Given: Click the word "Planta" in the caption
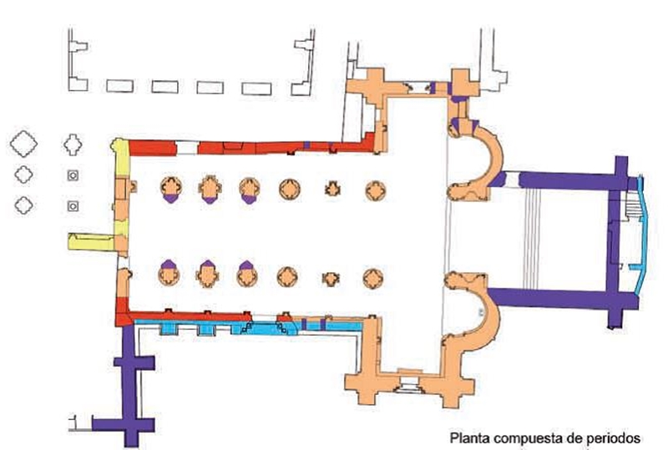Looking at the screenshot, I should coord(468,437).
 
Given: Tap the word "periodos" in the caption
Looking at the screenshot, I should coord(614,437).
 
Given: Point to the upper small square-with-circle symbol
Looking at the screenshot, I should coord(73,175).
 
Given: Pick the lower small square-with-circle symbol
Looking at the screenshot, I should coord(73,205).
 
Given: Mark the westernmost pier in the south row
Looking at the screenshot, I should coord(169,273).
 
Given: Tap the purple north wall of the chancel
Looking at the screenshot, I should coord(559,179).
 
